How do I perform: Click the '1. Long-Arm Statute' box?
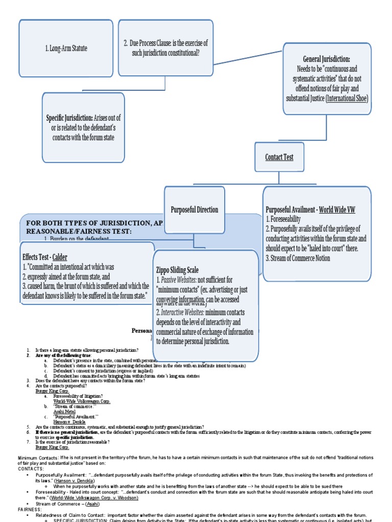[x=65, y=48]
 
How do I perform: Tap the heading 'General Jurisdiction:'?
[x=326, y=60]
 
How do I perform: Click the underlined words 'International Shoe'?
[x=347, y=98]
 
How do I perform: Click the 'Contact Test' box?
[x=279, y=157]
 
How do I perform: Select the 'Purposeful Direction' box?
[x=194, y=210]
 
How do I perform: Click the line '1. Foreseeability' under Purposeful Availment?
[x=283, y=219]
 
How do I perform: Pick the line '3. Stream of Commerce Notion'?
[x=298, y=258]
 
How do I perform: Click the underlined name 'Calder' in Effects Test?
[x=60, y=257]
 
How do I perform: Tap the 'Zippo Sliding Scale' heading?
[x=177, y=270]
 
